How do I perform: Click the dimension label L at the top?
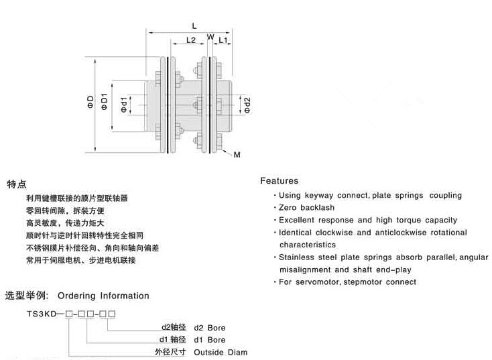tap(194, 25)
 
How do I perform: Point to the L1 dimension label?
tap(225, 41)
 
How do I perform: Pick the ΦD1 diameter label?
tap(104, 103)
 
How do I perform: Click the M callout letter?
tap(237, 155)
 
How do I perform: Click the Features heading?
tap(279, 181)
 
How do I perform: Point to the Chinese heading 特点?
tap(17, 184)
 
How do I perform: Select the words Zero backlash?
tap(302, 208)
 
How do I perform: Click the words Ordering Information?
tap(103, 296)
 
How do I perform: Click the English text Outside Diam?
tap(221, 352)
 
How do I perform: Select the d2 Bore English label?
tap(210, 328)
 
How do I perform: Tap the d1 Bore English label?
tap(210, 340)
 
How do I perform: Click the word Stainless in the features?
tap(298, 257)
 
